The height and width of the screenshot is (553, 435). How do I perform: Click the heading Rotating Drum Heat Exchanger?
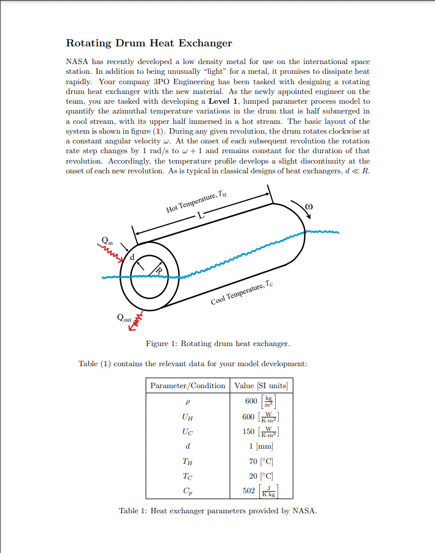(149, 43)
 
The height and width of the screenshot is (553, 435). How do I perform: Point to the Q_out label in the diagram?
(123, 318)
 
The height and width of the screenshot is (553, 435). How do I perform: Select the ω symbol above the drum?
(309, 207)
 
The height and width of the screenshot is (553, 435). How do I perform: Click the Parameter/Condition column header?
(188, 386)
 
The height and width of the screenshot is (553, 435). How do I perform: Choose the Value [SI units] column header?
(261, 386)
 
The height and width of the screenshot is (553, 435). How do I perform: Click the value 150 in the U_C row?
(249, 432)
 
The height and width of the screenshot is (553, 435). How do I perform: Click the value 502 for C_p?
(249, 491)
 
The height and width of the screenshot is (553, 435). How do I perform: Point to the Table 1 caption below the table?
(218, 510)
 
